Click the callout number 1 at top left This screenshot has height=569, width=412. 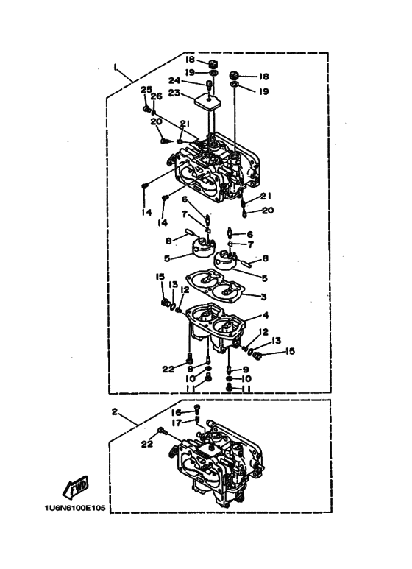point(115,67)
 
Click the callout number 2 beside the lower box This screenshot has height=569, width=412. point(115,412)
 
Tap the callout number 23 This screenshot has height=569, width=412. point(174,93)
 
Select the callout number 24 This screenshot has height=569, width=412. point(175,80)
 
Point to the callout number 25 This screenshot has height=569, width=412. point(146,90)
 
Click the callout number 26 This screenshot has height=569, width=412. point(156,96)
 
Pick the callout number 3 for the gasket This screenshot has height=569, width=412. point(263,297)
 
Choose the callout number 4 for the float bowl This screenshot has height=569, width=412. point(266,315)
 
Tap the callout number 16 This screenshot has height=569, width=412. point(177,413)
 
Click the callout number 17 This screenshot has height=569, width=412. point(177,423)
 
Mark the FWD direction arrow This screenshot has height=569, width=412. point(76,487)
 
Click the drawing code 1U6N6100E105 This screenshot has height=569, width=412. point(75,508)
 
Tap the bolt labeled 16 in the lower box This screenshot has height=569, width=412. point(197,409)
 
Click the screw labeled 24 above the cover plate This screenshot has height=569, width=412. point(209,85)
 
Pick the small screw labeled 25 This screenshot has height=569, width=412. point(146,108)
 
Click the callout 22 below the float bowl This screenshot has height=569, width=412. point(168,370)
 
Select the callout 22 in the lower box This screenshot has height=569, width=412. point(147,444)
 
